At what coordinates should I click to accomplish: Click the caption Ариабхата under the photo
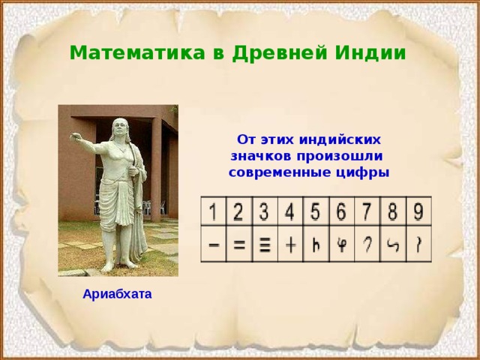click(118, 295)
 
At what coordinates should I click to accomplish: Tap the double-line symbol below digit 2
click(239, 244)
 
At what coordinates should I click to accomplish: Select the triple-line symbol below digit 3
click(265, 245)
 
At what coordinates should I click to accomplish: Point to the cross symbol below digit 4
click(290, 244)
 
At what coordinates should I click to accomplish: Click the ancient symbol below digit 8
click(391, 245)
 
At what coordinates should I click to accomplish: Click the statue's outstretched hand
click(74, 136)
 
